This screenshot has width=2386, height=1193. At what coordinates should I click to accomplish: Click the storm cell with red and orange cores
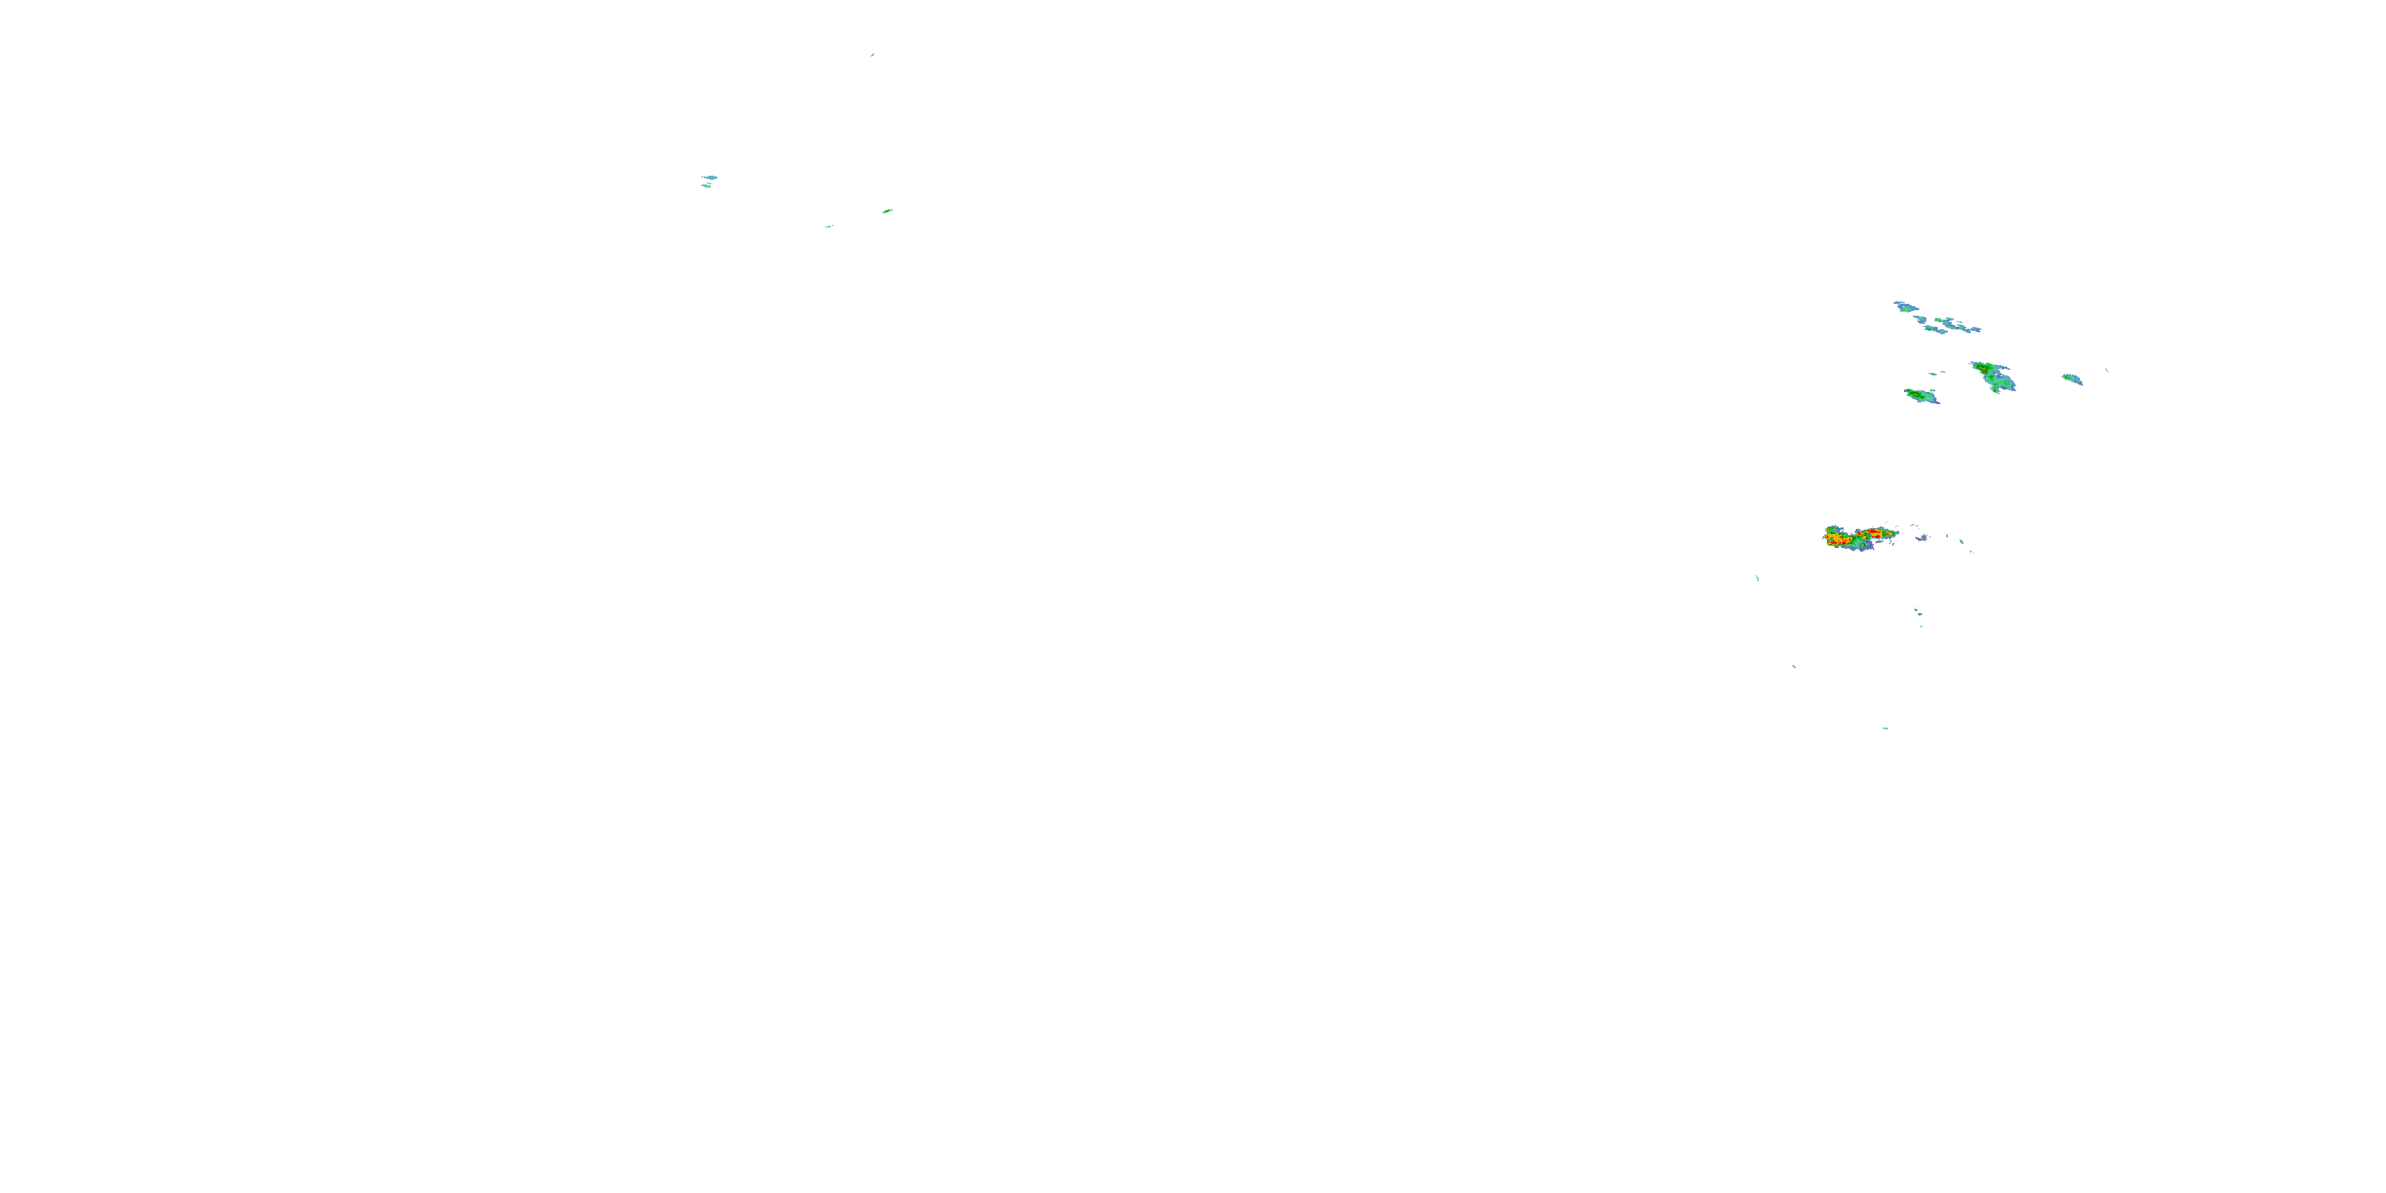(x=1856, y=537)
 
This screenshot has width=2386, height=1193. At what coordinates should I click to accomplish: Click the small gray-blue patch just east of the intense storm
(x=1922, y=537)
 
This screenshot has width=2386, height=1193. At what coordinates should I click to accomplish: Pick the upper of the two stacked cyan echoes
(x=709, y=177)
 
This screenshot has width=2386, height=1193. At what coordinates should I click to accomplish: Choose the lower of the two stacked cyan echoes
(x=705, y=186)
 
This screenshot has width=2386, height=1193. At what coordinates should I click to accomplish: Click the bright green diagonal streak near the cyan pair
(x=887, y=212)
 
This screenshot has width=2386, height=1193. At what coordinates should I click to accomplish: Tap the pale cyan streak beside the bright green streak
(x=828, y=226)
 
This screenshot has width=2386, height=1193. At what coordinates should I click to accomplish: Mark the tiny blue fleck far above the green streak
(x=872, y=55)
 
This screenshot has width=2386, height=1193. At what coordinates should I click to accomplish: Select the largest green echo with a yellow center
(x=1992, y=376)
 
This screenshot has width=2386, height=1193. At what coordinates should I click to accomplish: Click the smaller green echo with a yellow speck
(x=1920, y=396)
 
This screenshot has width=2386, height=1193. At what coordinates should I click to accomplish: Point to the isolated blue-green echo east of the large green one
(x=2072, y=379)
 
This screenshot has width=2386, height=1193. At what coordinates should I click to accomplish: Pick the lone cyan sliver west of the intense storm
(x=1757, y=579)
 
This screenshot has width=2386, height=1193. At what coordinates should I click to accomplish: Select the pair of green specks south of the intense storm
(x=1918, y=613)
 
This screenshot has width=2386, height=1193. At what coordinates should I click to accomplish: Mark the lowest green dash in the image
(x=1885, y=728)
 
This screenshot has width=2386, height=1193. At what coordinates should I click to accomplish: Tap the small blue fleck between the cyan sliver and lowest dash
(x=1794, y=666)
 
